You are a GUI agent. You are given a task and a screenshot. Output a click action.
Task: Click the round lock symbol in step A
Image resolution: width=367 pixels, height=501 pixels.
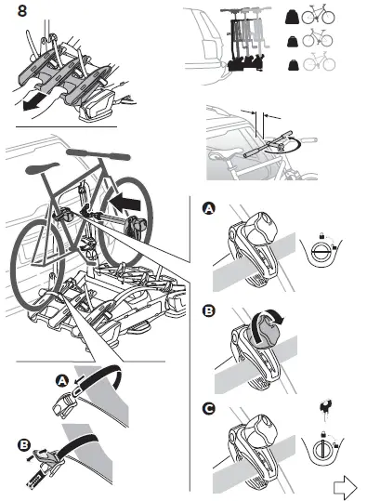(x=321, y=255)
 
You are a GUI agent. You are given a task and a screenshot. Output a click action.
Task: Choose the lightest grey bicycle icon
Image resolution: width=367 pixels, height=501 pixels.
(x=321, y=67)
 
